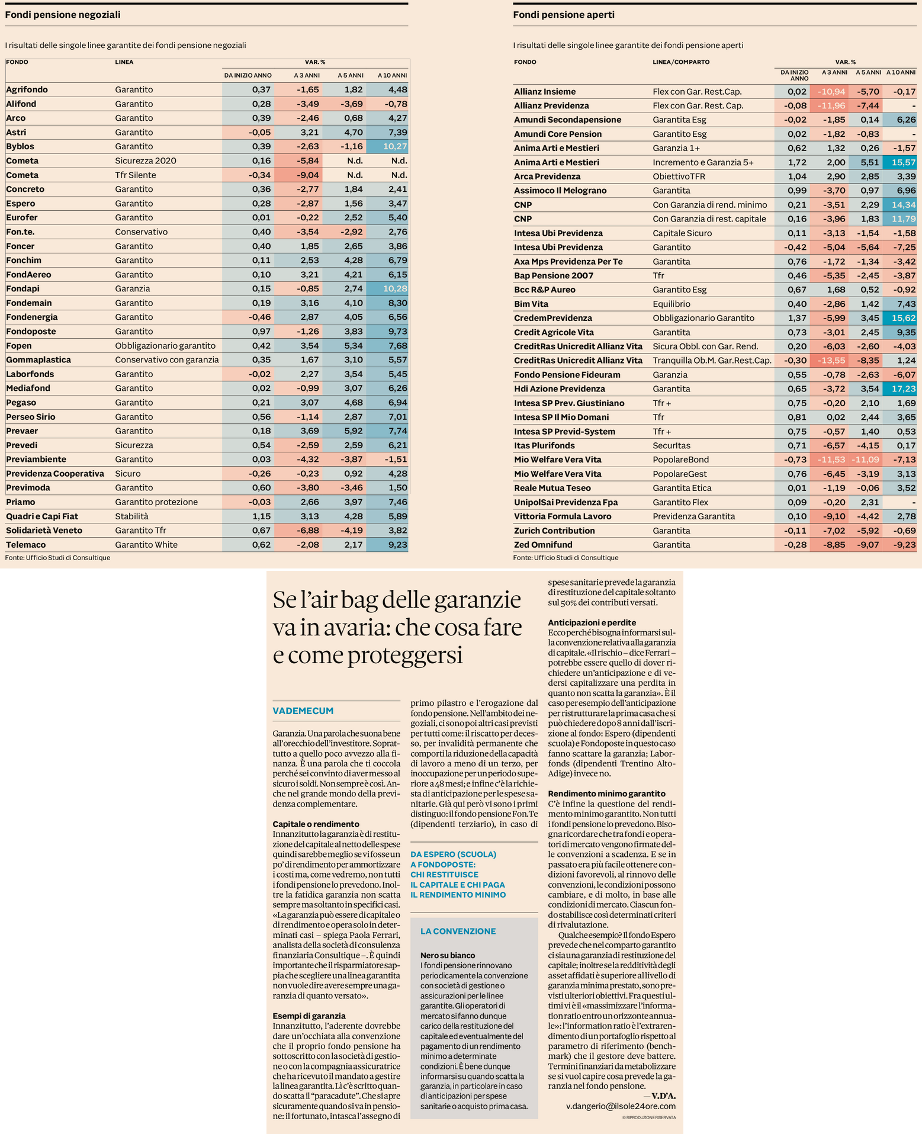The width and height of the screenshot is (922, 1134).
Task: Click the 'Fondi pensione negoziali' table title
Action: [x=63, y=15]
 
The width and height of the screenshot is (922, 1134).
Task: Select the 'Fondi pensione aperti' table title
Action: [x=564, y=15]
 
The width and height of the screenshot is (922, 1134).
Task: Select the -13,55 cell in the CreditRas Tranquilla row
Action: [x=830, y=360]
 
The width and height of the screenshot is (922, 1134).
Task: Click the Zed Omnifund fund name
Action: [x=543, y=545]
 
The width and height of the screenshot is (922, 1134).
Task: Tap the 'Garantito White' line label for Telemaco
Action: [x=146, y=545]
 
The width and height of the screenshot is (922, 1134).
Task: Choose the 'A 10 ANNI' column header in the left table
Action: [x=392, y=75]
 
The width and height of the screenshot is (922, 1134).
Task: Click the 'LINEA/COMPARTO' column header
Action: [x=681, y=62]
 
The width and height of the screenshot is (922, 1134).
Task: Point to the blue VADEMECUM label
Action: [x=303, y=711]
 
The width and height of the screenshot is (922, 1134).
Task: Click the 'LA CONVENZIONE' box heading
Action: [x=458, y=931]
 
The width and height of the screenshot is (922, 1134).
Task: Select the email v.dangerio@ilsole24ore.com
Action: [x=621, y=1106]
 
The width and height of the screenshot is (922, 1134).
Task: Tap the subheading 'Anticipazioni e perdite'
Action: [x=592, y=622]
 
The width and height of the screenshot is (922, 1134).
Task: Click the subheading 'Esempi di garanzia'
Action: [x=309, y=1016]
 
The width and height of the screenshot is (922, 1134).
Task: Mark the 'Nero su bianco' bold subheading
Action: [x=448, y=955]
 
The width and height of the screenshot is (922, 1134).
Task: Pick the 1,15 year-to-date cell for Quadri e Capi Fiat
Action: [x=261, y=516]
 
